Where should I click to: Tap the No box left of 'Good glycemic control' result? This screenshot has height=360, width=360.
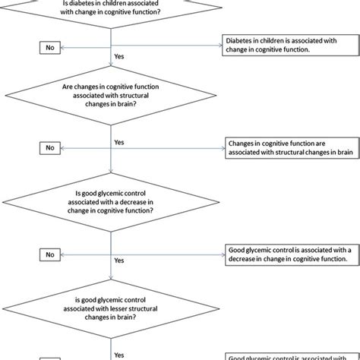point(49,254)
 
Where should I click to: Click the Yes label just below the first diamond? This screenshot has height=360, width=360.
point(118,56)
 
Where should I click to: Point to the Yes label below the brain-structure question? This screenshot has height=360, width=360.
point(118,142)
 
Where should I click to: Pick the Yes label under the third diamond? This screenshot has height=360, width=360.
point(118,260)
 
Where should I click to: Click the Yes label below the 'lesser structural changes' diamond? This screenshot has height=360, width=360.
point(118,353)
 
